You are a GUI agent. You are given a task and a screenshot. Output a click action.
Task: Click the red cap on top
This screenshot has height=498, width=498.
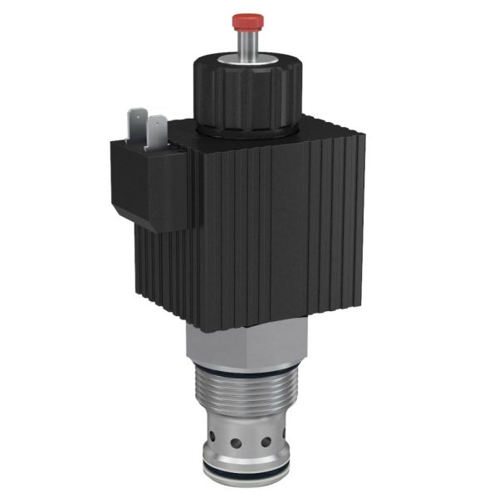tap(247, 19)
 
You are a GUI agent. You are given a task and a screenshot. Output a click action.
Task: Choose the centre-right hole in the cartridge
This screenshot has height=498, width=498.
tap(266, 441)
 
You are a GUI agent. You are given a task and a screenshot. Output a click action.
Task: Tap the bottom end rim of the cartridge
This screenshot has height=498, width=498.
tap(247, 482)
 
